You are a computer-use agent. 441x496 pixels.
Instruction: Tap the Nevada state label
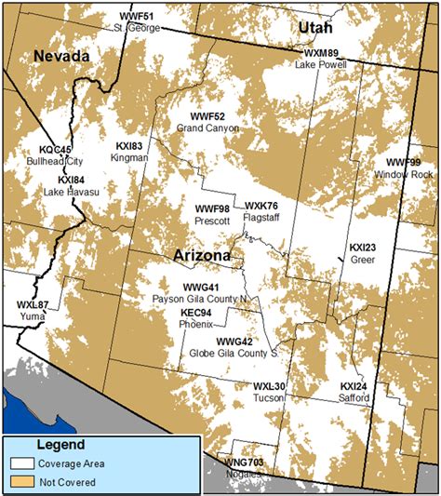tap(61, 57)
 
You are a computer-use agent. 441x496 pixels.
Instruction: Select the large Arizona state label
tap(202, 254)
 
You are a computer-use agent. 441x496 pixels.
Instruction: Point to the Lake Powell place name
tap(320, 65)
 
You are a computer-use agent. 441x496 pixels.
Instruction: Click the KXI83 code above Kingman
tap(129, 146)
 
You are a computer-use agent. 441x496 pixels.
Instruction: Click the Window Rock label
tap(404, 174)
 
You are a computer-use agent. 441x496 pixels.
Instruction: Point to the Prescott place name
tap(213, 221)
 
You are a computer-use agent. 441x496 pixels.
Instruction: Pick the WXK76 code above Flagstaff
tap(261, 205)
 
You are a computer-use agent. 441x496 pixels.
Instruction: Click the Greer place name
tap(363, 260)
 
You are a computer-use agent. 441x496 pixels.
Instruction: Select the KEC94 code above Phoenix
tap(198, 314)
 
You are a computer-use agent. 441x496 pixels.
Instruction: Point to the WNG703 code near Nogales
tap(245, 462)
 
